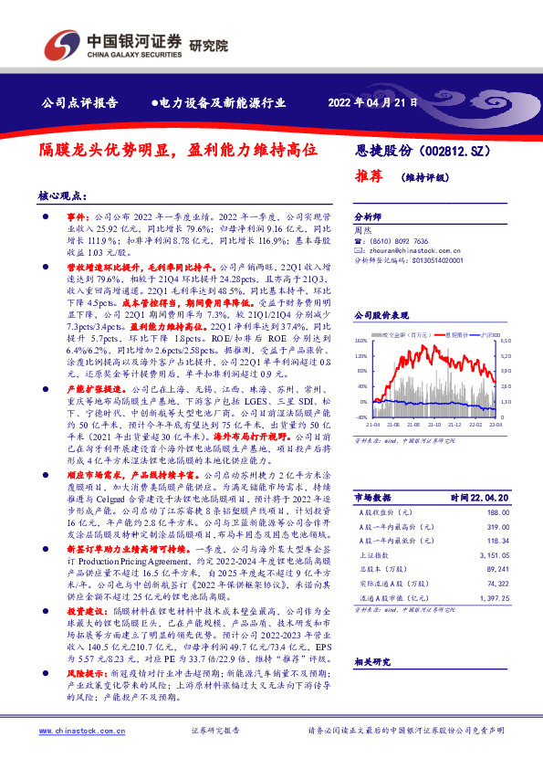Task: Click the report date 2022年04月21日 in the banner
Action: pos(372,103)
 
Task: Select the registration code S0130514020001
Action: pos(444,259)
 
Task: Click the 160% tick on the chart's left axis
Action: pos(360,341)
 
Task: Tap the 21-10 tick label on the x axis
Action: pos(433,425)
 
